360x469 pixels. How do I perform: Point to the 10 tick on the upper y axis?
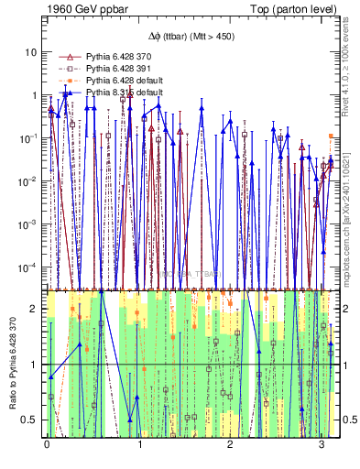pyautogui.click(x=30, y=52)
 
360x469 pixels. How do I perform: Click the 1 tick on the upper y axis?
pyautogui.click(x=33, y=95)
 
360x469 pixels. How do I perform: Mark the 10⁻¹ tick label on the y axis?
pyautogui.click(x=27, y=138)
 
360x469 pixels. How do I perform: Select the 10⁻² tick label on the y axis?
pyautogui.click(x=27, y=181)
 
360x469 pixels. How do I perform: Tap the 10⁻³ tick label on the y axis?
pyautogui.click(x=27, y=224)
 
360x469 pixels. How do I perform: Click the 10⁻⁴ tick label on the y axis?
pyautogui.click(x=27, y=267)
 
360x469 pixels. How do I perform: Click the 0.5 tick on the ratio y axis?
pyautogui.click(x=31, y=420)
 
